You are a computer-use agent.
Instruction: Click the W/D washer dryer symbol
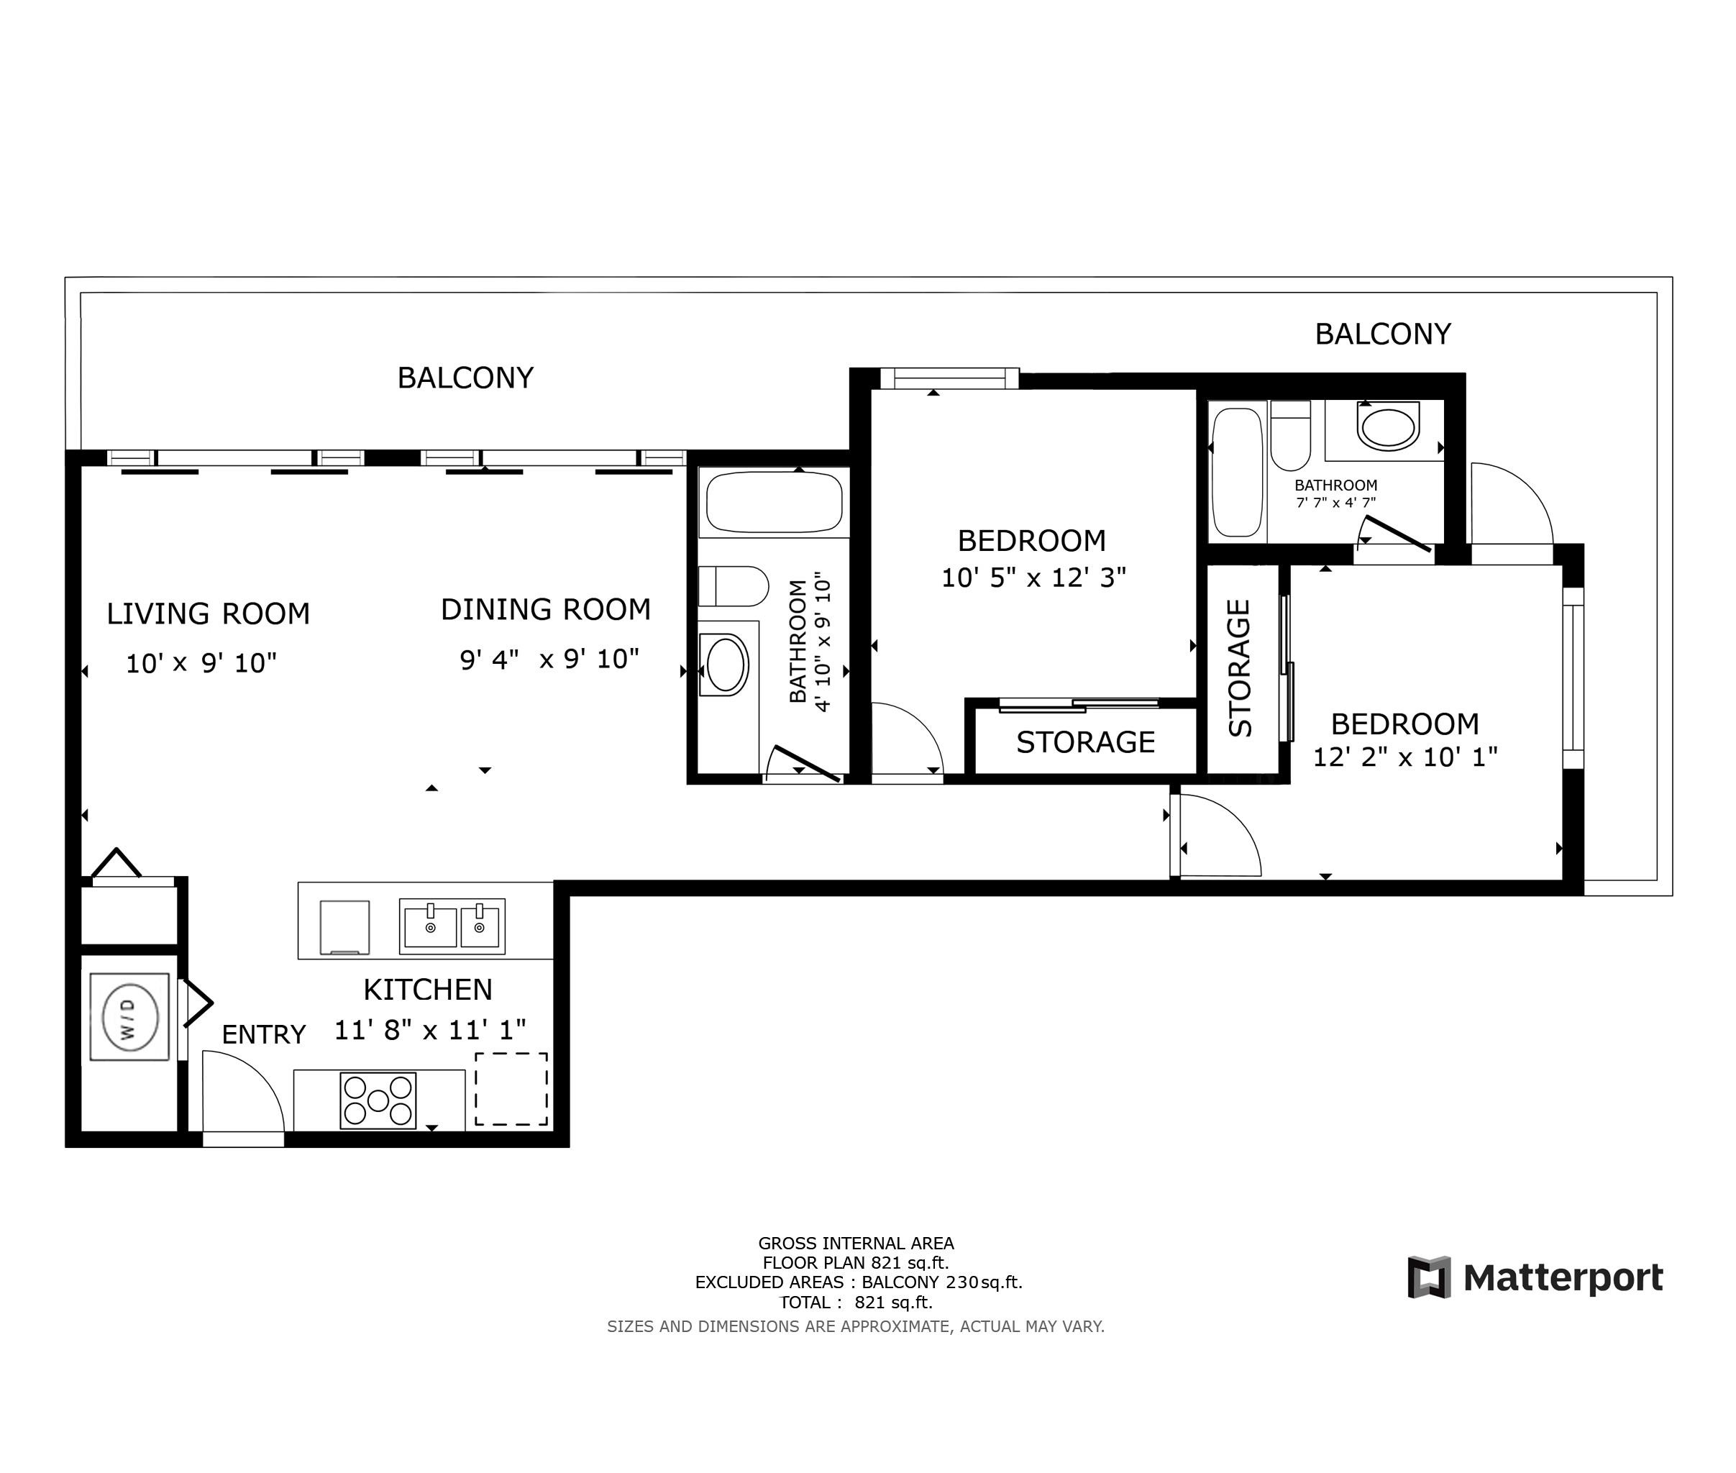click(x=129, y=1017)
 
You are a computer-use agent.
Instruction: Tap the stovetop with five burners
click(x=378, y=1100)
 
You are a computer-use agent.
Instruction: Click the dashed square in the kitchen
click(x=511, y=1089)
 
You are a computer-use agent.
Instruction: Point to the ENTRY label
click(x=263, y=1034)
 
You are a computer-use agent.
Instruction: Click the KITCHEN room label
click(x=428, y=990)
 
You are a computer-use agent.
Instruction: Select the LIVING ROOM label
click(x=208, y=614)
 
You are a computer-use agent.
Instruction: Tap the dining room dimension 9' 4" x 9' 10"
click(x=549, y=660)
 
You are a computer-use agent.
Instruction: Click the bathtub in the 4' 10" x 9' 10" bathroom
click(x=774, y=502)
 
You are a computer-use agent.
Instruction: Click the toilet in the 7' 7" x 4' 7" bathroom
click(x=1290, y=437)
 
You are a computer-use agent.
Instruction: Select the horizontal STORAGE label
click(x=1084, y=742)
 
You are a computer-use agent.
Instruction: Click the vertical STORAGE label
click(x=1240, y=668)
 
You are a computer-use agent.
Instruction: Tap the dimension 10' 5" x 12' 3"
click(x=1033, y=578)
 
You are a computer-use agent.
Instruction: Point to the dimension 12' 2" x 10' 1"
click(x=1404, y=757)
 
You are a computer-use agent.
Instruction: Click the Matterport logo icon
click(x=1429, y=1277)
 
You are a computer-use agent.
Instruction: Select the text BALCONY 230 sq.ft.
click(x=941, y=1282)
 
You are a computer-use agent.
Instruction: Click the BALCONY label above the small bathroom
click(x=1382, y=334)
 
